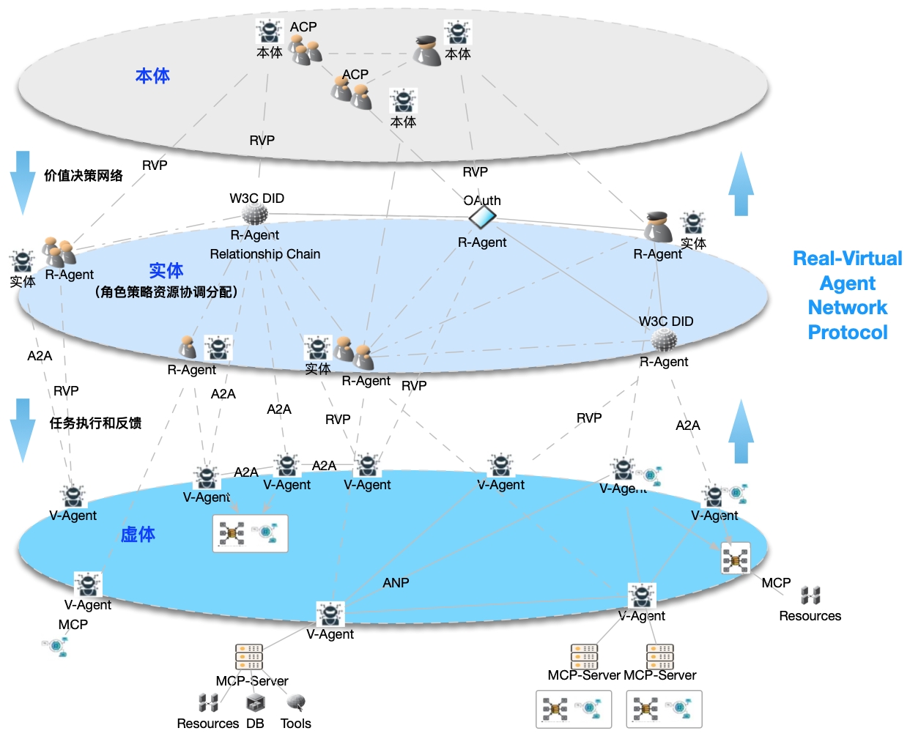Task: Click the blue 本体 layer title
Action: pyautogui.click(x=152, y=75)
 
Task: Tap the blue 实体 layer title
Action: pyautogui.click(x=166, y=270)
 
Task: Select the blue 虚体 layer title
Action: pyautogui.click(x=138, y=535)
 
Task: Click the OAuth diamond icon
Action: pyautogui.click(x=482, y=217)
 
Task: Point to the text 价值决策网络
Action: pyautogui.click(x=84, y=176)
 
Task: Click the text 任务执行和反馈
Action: pyautogui.click(x=95, y=423)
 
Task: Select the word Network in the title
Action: pyautogui.click(x=847, y=308)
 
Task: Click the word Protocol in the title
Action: pyautogui.click(x=847, y=333)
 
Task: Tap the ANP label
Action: pyautogui.click(x=396, y=583)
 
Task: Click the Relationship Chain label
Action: pyautogui.click(x=265, y=254)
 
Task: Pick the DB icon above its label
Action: pyautogui.click(x=255, y=704)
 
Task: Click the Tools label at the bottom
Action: pyautogui.click(x=296, y=724)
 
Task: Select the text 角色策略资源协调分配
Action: pyautogui.click(x=166, y=292)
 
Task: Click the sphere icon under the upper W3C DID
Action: pyautogui.click(x=255, y=214)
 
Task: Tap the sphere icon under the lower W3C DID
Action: pyautogui.click(x=664, y=339)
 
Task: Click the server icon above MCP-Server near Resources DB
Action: pyautogui.click(x=249, y=657)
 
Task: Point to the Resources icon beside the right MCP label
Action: pyautogui.click(x=810, y=595)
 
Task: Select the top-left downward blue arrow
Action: pyautogui.click(x=23, y=182)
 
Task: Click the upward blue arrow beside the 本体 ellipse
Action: pyautogui.click(x=741, y=184)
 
